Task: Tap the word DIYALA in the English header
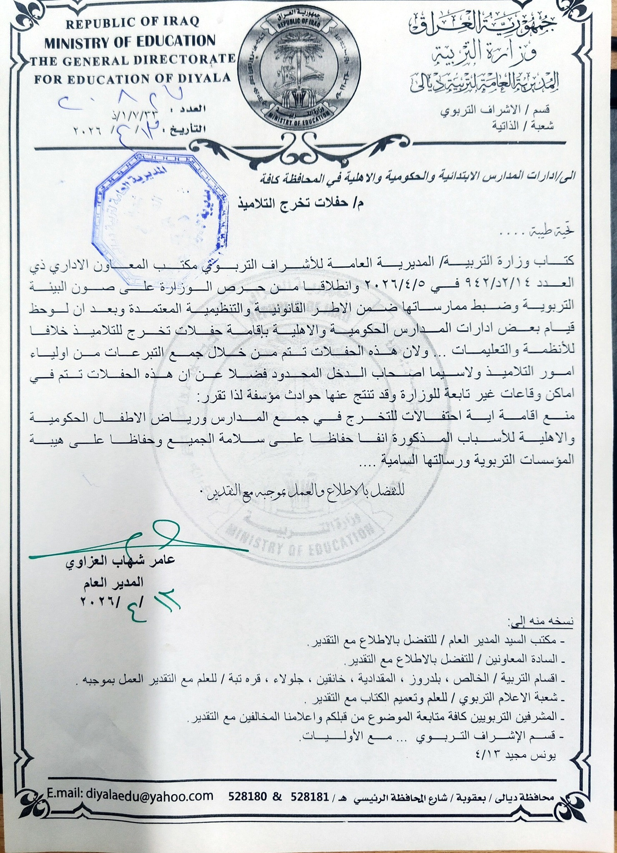tap(208, 78)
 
